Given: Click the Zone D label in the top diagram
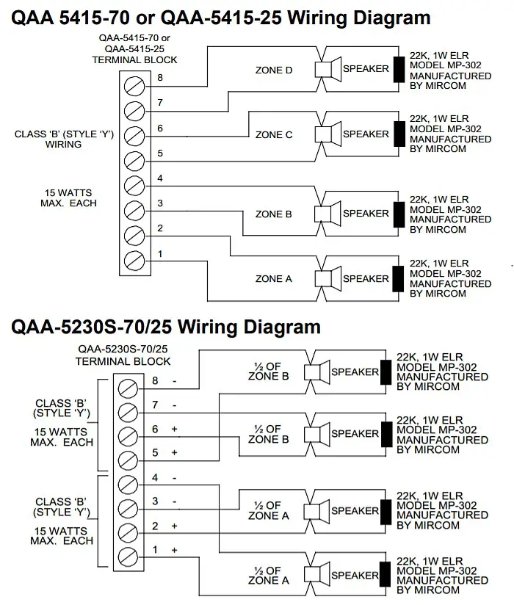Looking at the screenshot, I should tap(273, 70).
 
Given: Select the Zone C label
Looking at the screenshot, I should tap(273, 135).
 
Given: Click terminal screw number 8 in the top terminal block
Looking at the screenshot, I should tap(134, 86).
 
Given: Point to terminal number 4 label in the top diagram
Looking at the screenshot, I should tap(160, 178).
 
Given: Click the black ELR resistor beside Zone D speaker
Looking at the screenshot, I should tap(399, 69).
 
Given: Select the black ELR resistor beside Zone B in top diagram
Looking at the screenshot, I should tap(399, 214).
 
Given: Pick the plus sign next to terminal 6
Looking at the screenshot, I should tap(174, 429).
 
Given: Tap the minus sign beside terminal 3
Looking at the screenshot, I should tap(174, 501).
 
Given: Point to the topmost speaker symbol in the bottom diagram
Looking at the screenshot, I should tap(317, 372).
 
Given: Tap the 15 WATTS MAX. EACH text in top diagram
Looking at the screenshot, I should tap(68, 198).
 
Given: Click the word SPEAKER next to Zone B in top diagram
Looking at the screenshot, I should tap(366, 214).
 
